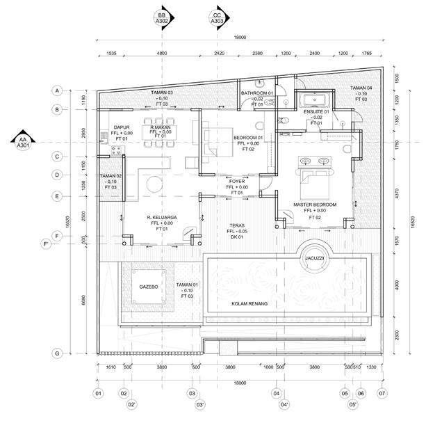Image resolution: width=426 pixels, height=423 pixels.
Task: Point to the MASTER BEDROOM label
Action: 315,205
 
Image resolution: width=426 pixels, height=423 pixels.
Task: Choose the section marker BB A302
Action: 162,18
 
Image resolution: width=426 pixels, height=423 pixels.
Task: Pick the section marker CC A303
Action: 218,18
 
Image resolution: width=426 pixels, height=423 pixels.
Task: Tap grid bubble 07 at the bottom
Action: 380,394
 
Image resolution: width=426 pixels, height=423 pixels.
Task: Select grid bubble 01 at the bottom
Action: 98,394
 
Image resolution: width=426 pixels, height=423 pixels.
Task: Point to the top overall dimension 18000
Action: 239,38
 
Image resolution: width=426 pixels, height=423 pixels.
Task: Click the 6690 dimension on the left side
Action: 83,299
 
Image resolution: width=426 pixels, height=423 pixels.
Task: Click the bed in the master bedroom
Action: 314,180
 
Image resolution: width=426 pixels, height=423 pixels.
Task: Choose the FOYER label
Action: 236,182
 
